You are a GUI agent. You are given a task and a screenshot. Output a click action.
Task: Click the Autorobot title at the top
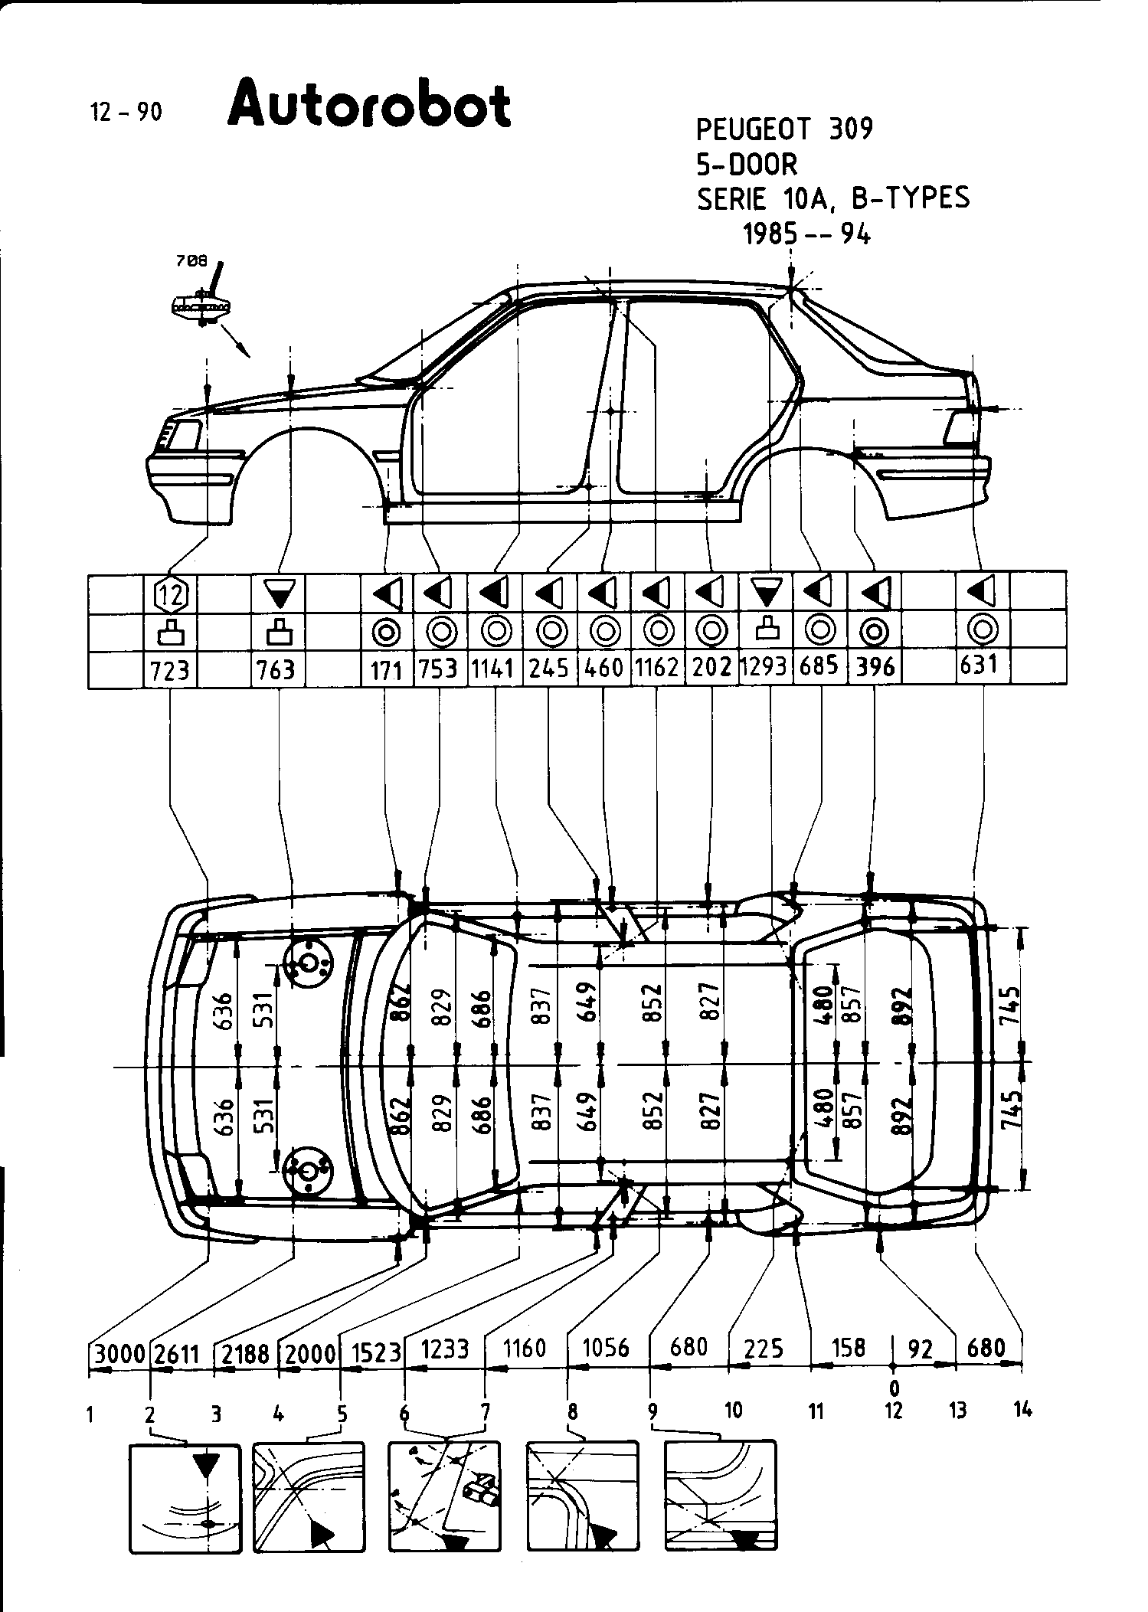click(369, 106)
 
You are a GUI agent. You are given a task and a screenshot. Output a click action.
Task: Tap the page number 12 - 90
click(126, 113)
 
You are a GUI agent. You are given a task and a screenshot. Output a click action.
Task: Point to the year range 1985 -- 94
click(806, 234)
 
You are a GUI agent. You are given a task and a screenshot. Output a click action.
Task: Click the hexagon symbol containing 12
click(171, 593)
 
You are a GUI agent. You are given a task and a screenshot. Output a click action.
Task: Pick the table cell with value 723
click(170, 670)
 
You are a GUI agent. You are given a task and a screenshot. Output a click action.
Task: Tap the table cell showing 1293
click(764, 666)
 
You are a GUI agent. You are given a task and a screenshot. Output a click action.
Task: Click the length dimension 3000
click(119, 1355)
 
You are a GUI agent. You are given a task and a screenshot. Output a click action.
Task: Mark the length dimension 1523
click(376, 1353)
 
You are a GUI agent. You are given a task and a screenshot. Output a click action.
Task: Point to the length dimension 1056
click(606, 1347)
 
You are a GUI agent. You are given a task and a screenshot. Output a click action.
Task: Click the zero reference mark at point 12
click(894, 1388)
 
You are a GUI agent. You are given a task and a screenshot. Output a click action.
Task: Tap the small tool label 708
click(191, 260)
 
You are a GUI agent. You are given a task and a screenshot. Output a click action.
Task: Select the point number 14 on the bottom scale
click(1022, 1409)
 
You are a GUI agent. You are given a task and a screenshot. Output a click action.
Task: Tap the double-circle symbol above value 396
click(874, 632)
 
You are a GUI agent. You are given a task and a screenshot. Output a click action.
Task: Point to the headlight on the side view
click(182, 435)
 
